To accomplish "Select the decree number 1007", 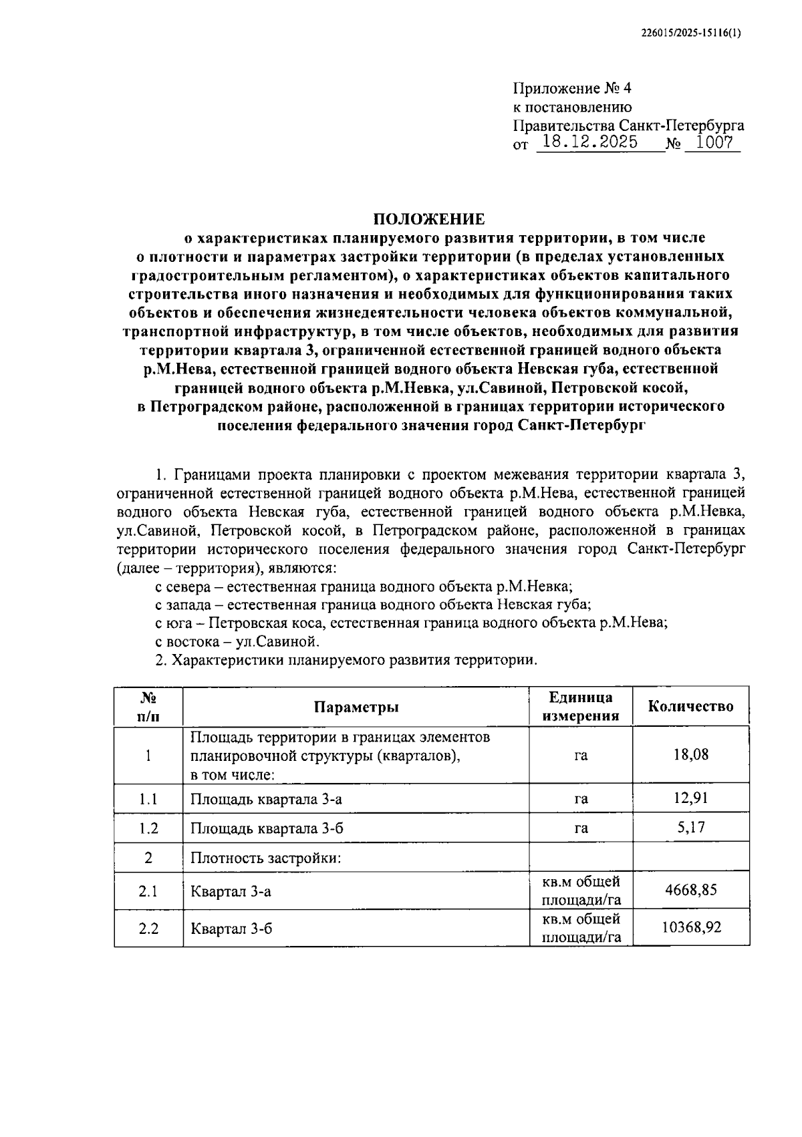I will coord(714,142).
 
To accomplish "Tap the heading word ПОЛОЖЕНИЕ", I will coord(429,218).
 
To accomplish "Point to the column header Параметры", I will coord(356,707).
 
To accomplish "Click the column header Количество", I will coord(690,707).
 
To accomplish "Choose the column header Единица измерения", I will coord(580,707).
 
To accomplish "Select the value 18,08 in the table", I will coord(691,755).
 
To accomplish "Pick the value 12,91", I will coord(691,798).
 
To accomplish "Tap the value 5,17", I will coord(691,827).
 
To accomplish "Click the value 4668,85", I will coord(691,890).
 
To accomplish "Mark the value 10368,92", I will coord(691,928).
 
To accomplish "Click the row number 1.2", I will coord(148,828).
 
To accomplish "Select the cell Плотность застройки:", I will coord(266,858).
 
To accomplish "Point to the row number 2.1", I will coord(148,891).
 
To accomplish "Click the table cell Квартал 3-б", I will coord(231,929).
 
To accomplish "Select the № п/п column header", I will coord(148,707).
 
